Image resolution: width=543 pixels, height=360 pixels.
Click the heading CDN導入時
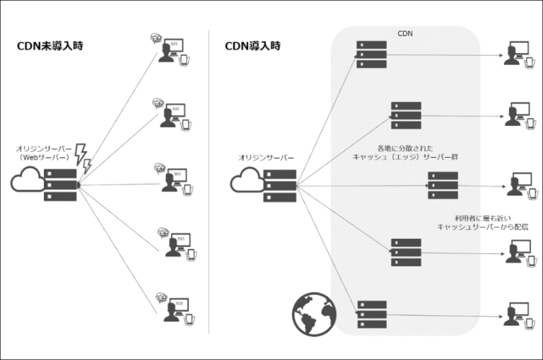pyautogui.click(x=252, y=47)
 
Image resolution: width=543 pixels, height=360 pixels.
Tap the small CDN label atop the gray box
pyautogui.click(x=404, y=33)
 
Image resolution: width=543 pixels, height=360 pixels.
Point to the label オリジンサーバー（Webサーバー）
pyautogui.click(x=45, y=153)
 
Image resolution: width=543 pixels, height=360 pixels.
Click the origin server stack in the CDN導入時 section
pyautogui.click(x=281, y=185)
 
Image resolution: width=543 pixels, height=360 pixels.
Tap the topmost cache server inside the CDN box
pyautogui.click(x=372, y=54)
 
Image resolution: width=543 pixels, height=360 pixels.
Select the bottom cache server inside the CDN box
pyautogui.click(x=372, y=314)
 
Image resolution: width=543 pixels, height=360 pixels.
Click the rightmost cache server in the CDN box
pyautogui.click(x=443, y=185)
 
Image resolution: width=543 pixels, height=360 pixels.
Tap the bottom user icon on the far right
pyautogui.click(x=516, y=313)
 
